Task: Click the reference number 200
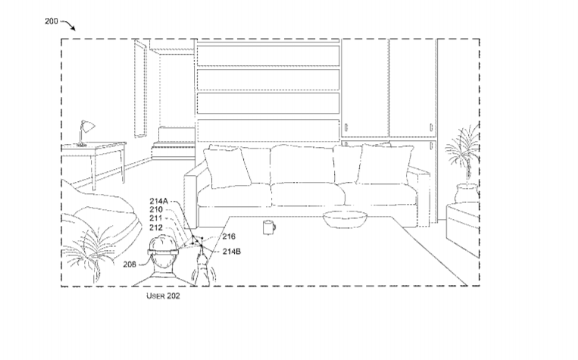(52, 21)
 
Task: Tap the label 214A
(158, 201)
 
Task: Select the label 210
(155, 209)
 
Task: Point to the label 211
(155, 218)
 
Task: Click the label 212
(155, 227)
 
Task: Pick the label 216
(229, 236)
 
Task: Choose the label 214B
(232, 252)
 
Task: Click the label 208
(130, 265)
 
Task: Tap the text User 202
(163, 296)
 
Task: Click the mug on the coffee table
(269, 227)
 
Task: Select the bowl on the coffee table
(345, 219)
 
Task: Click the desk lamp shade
(88, 127)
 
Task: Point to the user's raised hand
(202, 262)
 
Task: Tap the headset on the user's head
(163, 252)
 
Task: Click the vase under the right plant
(466, 193)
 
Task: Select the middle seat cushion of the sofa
(308, 193)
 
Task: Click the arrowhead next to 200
(73, 28)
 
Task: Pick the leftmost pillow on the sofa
(227, 167)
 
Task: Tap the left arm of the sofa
(191, 197)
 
